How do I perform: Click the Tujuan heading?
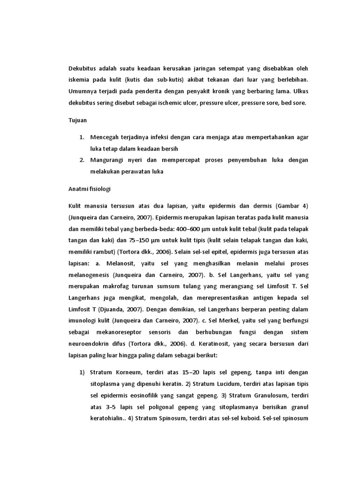[77, 120]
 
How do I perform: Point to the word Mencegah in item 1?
[106, 137]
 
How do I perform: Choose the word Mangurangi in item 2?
[108, 160]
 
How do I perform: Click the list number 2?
[81, 160]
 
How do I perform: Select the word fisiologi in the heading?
[97, 189]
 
